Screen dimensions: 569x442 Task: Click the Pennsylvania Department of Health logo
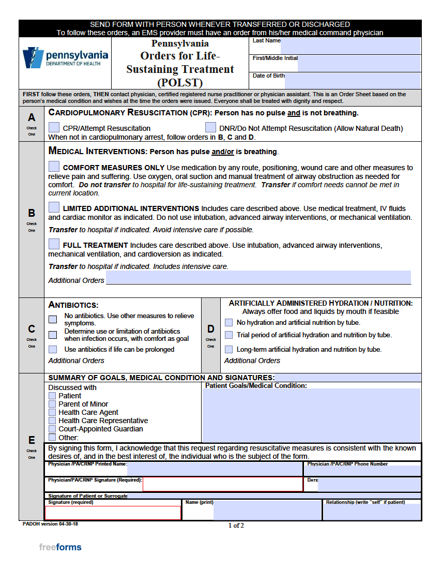pos(65,58)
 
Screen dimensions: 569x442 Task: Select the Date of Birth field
pos(353,81)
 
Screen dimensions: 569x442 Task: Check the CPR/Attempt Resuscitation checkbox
pos(54,127)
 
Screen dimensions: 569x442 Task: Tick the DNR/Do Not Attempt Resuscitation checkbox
pos(210,127)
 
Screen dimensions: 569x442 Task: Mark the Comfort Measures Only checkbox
pos(54,167)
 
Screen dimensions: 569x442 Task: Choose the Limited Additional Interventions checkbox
pos(54,207)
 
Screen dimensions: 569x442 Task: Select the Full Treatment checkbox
pos(54,244)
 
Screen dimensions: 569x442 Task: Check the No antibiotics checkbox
pos(53,319)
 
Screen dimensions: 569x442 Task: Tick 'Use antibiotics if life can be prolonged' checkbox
pos(53,349)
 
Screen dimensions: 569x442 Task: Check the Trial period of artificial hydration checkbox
pos(228,335)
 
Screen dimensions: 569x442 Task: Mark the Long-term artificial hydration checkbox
pos(228,349)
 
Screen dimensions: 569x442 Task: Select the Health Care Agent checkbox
pos(52,412)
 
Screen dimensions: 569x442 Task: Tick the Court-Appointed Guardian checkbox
pos(52,429)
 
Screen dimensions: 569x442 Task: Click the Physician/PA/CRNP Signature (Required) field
pos(222,484)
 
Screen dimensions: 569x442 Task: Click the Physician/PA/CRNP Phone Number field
pos(362,471)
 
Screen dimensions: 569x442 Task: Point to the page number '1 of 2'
pos(236,526)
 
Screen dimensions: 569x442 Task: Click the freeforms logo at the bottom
pos(60,547)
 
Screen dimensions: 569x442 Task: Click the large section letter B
pos(32,213)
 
